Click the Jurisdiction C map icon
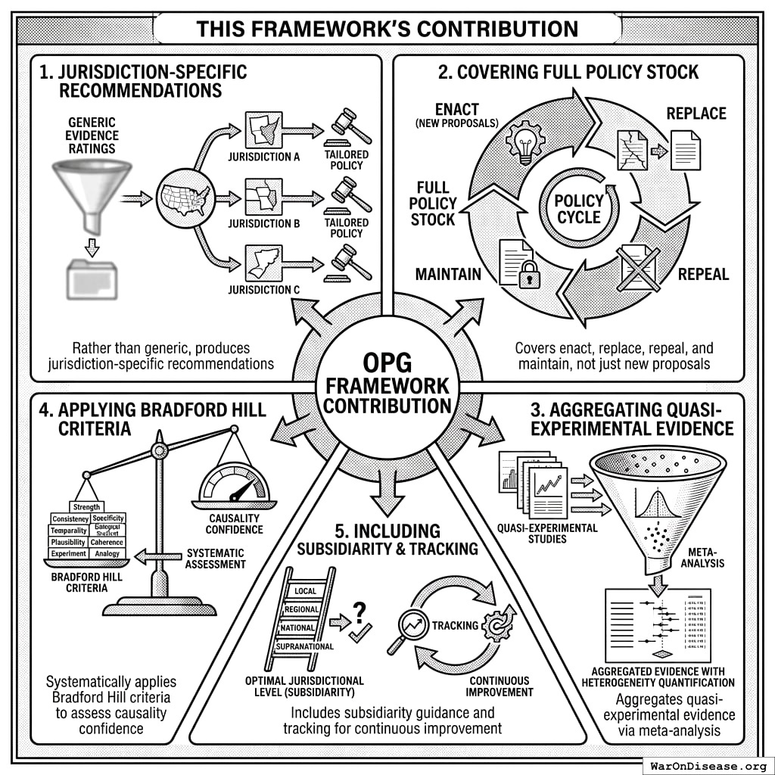point(264,263)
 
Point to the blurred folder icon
point(92,278)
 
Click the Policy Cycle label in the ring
point(579,208)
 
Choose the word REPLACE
point(696,114)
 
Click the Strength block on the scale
point(86,506)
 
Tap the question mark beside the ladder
point(360,612)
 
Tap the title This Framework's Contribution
point(387,30)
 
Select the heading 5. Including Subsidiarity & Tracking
point(387,538)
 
